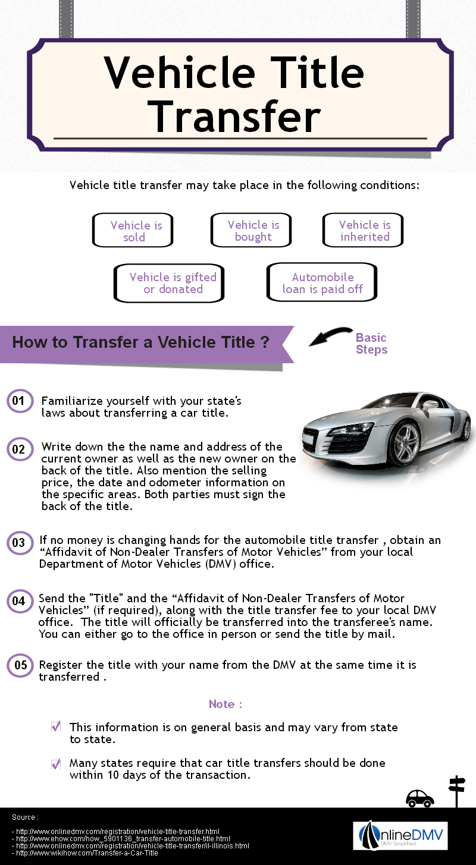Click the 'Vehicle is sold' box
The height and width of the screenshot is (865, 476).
coord(133,231)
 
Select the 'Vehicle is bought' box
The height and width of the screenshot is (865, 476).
coord(251,231)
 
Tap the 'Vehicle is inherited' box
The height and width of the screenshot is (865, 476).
coord(363,231)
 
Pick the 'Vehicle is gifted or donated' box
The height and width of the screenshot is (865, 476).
coord(169,284)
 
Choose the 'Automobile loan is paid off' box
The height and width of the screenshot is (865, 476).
coord(322,284)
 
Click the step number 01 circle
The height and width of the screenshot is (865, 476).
coord(18,401)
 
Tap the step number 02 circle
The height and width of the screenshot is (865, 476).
coord(18,449)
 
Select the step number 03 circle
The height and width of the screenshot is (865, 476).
coord(18,542)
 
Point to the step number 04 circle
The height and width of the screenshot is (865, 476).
coord(18,601)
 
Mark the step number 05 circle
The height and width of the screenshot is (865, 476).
coord(20,665)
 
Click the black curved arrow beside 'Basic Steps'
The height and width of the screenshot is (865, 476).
coord(329,337)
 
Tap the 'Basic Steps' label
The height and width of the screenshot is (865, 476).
coord(371,344)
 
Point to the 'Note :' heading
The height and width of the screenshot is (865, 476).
coord(226,704)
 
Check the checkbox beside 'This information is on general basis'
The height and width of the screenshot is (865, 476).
coord(56,726)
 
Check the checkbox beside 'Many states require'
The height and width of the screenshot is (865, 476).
coord(56,764)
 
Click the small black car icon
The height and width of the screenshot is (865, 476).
coord(419,798)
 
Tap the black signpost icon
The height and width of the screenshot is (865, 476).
coord(456,791)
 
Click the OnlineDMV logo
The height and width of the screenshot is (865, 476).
coord(400,836)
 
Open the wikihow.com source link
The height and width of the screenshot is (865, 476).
coord(87,853)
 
